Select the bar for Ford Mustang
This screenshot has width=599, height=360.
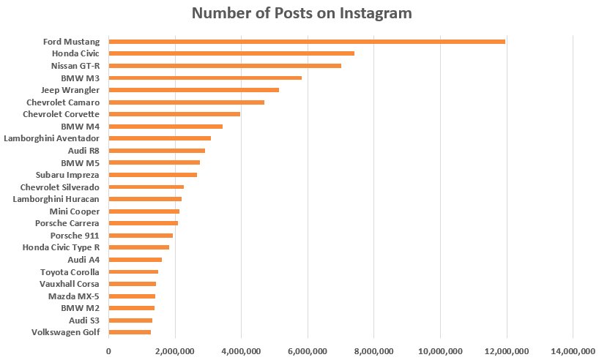click(307, 41)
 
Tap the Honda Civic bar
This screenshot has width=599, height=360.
click(231, 53)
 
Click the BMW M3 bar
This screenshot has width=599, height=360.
click(205, 78)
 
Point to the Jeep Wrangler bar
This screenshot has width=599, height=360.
click(193, 90)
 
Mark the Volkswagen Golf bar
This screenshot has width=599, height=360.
click(130, 332)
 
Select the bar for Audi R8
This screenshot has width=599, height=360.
click(157, 151)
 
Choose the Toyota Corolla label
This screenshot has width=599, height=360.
click(67, 271)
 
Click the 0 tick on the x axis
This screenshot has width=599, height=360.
click(108, 352)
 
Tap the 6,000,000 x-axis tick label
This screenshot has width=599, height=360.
click(308, 352)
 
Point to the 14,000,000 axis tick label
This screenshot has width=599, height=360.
click(572, 352)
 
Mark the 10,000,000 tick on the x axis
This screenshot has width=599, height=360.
click(440, 352)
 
